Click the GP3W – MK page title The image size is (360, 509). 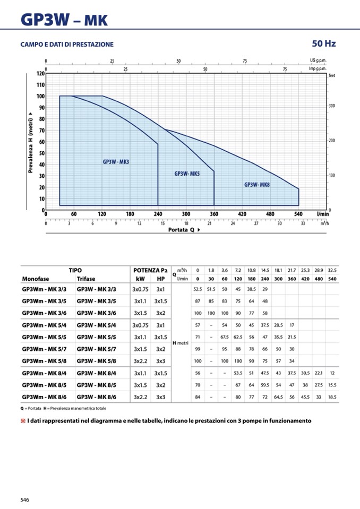click(64, 20)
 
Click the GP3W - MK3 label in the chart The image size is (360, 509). click(116, 162)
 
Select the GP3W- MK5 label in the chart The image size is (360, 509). click(187, 174)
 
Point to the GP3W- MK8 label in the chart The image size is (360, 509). click(257, 185)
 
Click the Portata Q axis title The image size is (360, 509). click(180, 230)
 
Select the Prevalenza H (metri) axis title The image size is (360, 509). click(30, 143)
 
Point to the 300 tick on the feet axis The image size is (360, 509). click(332, 106)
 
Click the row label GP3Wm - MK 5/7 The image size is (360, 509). click(47, 349)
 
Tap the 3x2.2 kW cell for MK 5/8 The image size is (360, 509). click(140, 361)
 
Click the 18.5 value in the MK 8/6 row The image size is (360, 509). click(332, 396)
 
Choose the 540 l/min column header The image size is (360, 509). click(332, 279)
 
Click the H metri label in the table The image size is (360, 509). click(181, 343)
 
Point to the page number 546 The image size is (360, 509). click(25, 499)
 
